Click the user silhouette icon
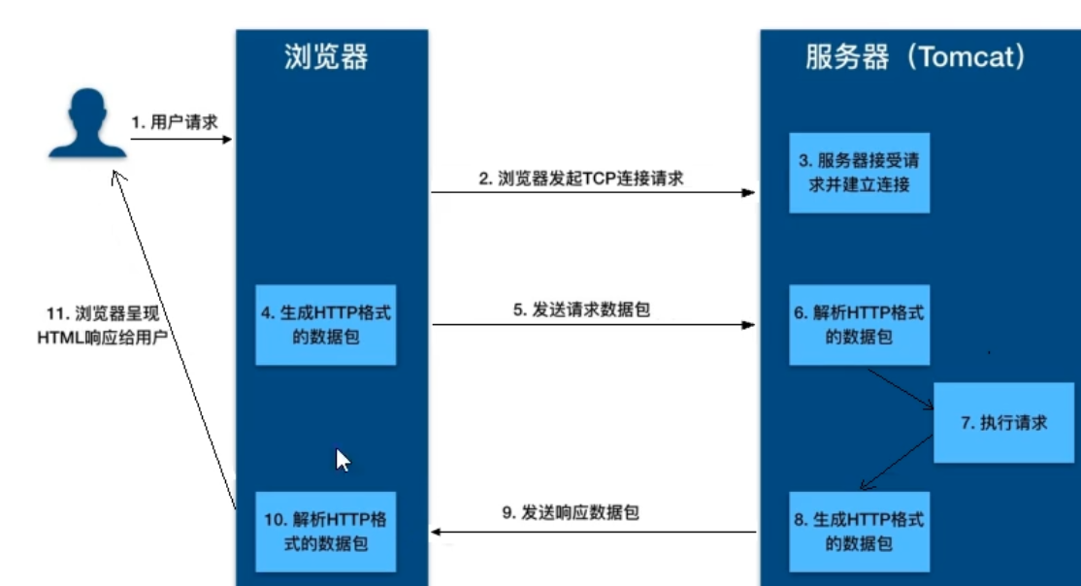pyautogui.click(x=87, y=123)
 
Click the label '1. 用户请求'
pyautogui.click(x=175, y=123)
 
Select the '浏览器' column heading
pyautogui.click(x=326, y=57)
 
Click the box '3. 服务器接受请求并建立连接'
pyautogui.click(x=859, y=173)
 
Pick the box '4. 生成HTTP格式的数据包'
pyautogui.click(x=325, y=325)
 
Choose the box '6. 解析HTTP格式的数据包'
pyautogui.click(x=859, y=325)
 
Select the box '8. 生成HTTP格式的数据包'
pyautogui.click(x=859, y=532)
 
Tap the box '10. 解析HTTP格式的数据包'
pyautogui.click(x=325, y=532)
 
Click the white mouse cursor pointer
pyautogui.click(x=343, y=460)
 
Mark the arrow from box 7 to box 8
pyautogui.click(x=898, y=464)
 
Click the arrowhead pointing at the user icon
pyautogui.click(x=116, y=174)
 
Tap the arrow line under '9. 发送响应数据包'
pyautogui.click(x=593, y=532)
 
